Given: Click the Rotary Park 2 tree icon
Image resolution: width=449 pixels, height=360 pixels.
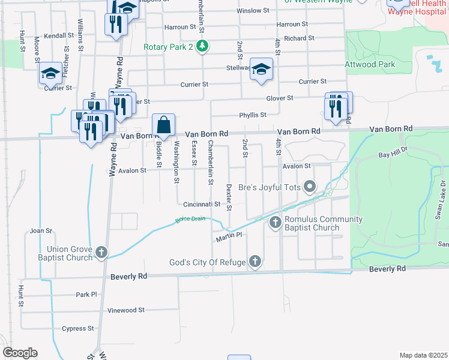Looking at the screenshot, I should (x=203, y=46).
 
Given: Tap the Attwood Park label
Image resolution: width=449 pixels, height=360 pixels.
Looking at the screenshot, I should (x=369, y=64).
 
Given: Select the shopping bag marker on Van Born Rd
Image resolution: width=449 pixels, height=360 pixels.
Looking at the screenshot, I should (x=163, y=126).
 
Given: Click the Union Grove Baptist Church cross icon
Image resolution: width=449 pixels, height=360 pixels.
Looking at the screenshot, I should (x=101, y=252).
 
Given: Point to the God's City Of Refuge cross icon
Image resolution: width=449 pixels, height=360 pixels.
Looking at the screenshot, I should (x=255, y=261).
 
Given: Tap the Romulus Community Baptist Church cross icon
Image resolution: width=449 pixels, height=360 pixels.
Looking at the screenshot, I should (x=276, y=223).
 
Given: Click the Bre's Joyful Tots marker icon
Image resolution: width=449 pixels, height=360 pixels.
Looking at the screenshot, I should (x=310, y=187).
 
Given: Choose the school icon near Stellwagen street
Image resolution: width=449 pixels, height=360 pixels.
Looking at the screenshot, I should (x=261, y=70).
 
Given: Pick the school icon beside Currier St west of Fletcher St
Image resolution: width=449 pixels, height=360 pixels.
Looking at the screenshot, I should (x=51, y=74).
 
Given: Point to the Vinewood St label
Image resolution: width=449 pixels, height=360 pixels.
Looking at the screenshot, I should (x=125, y=310).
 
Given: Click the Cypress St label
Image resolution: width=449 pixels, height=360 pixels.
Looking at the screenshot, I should (x=78, y=328).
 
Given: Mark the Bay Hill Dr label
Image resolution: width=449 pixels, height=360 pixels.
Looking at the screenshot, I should (x=393, y=155).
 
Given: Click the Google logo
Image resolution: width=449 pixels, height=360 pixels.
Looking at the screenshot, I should (x=20, y=353).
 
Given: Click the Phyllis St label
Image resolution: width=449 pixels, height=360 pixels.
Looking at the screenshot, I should (x=253, y=115).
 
